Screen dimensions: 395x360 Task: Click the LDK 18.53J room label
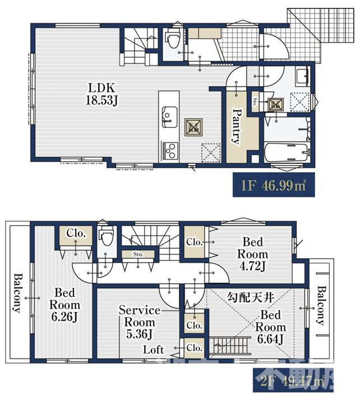100,94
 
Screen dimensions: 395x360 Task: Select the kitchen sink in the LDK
167,117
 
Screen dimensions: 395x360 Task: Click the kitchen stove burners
168,149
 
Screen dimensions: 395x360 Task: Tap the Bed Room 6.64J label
271,327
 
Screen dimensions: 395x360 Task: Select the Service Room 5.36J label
140,323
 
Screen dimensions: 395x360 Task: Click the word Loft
153,349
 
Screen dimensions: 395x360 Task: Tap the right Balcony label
321,305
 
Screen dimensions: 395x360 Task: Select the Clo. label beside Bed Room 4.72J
195,242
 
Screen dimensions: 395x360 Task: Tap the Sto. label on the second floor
138,254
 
